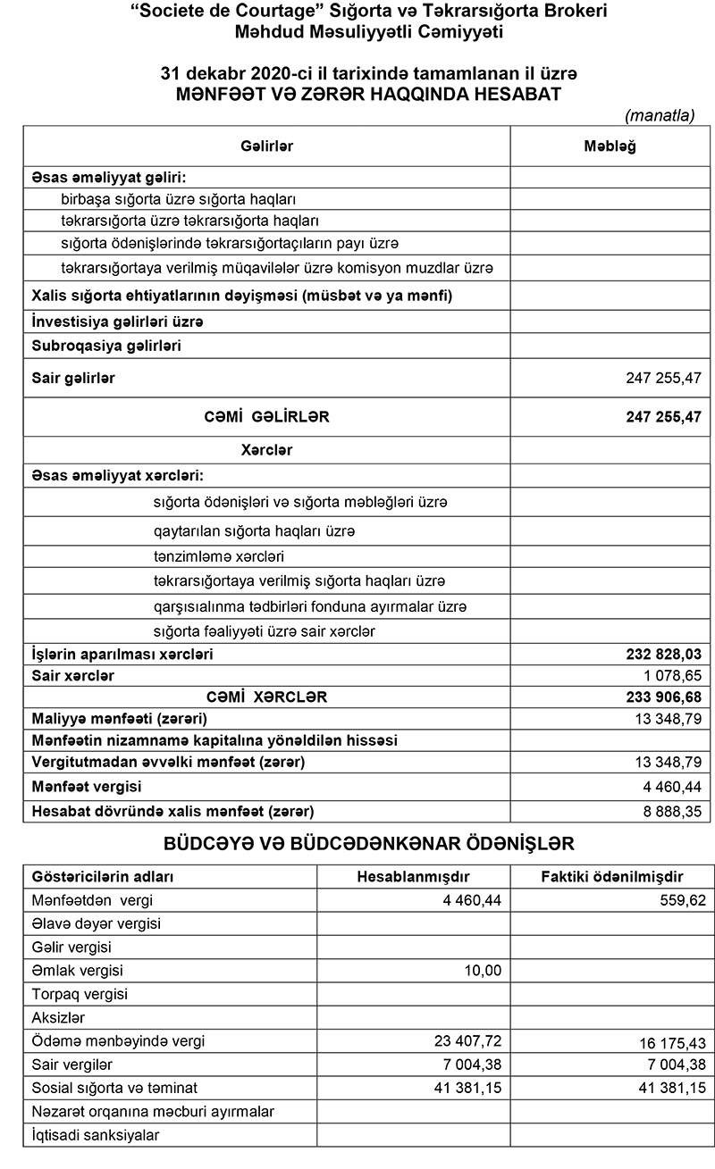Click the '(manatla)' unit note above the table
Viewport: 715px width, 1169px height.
coord(660,115)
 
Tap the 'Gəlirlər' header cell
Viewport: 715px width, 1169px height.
coord(266,146)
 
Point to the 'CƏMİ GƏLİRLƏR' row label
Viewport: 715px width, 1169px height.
coord(265,416)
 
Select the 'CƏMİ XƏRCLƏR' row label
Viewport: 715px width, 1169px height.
coord(265,696)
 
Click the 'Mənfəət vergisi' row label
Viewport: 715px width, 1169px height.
coord(87,787)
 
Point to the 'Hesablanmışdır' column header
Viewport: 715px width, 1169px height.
coord(414,876)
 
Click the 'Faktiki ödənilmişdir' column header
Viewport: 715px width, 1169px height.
coord(612,876)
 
